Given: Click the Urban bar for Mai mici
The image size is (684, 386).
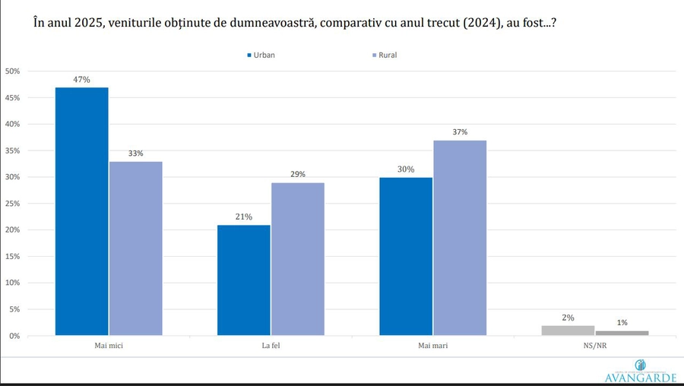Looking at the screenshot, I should tap(82, 211).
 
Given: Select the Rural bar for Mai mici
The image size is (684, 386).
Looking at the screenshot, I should tap(135, 248).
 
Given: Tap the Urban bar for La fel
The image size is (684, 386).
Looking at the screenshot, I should tap(244, 280).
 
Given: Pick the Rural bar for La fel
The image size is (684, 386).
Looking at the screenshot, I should tap(297, 258).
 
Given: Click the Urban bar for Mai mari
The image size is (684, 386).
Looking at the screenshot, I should tap(406, 256).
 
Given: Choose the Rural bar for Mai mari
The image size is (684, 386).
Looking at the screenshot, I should tap(460, 238).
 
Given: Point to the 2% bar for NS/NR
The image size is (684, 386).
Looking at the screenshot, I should tap(568, 331).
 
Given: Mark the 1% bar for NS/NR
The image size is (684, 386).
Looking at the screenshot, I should tap(622, 333).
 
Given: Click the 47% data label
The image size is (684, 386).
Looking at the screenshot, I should tap(82, 79).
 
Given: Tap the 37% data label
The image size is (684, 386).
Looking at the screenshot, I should tap(460, 131).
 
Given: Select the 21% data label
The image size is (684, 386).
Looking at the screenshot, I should tap(244, 217).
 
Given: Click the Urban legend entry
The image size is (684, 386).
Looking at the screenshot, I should tap(260, 55).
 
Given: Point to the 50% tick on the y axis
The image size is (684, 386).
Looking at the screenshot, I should tap(12, 71).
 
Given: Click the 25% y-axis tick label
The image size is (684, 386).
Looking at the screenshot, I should tap(12, 204).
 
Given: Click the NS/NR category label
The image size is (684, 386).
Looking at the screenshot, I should tap(594, 346).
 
